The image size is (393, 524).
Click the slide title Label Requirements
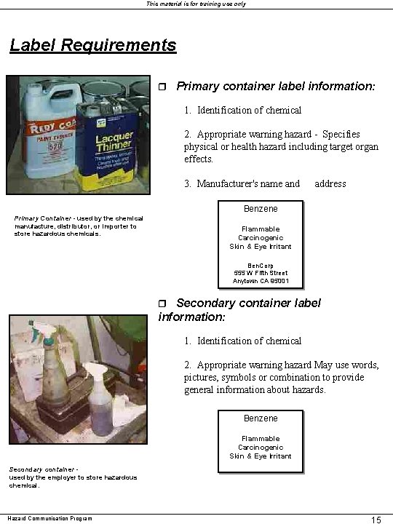pyautogui.click(x=93, y=45)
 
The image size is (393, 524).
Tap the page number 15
pyautogui.click(x=376, y=519)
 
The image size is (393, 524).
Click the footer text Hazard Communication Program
pyautogui.click(x=50, y=518)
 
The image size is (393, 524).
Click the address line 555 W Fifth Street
pyautogui.click(x=261, y=273)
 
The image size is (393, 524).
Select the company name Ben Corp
pyautogui.click(x=261, y=266)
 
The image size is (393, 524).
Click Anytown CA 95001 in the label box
pyautogui.click(x=261, y=281)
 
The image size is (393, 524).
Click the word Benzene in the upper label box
pyautogui.click(x=261, y=209)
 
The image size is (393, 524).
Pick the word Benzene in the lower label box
pyautogui.click(x=261, y=418)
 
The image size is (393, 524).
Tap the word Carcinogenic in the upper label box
pyautogui.click(x=261, y=238)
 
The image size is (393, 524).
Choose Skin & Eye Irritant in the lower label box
pyautogui.click(x=261, y=456)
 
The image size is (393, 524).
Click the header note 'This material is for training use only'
pyautogui.click(x=196, y=4)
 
